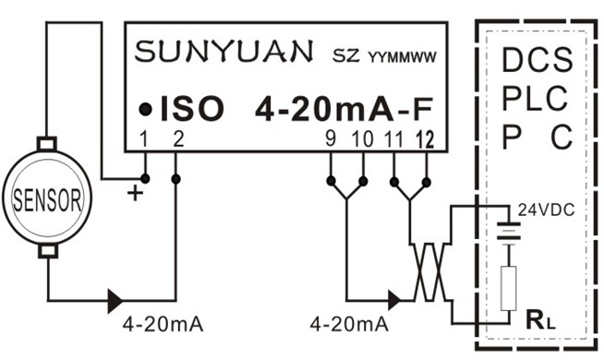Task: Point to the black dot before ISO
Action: [146, 110]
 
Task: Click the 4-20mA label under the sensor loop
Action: [163, 324]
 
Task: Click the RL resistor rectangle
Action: [505, 289]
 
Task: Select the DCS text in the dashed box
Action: [537, 63]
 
